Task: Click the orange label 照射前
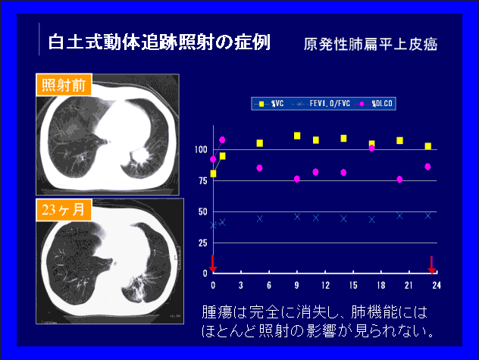coord(64,85)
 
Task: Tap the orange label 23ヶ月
coord(64,210)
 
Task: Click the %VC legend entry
coord(269,104)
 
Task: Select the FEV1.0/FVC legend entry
coord(321,104)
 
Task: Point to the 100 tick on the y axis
coord(201,150)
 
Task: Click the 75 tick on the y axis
coord(203,181)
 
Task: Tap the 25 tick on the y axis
coord(203,243)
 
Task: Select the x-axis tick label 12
coord(325,286)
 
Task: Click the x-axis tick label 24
coord(437,286)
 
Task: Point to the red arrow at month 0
coord(213,264)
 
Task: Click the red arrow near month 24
coord(431,265)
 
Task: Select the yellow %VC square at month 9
coord(297,136)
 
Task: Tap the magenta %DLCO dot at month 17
coord(372,149)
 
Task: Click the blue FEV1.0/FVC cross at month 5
coord(260,218)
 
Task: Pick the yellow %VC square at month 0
coord(213,174)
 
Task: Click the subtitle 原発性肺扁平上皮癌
coord(371,44)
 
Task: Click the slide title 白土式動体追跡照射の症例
coord(159,42)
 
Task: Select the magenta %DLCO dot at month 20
coord(399,180)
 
